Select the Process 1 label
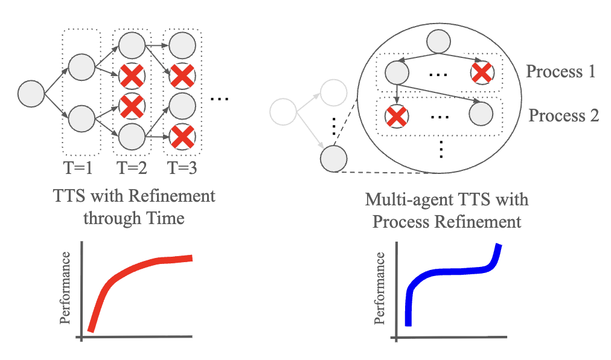click(x=561, y=72)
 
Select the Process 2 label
click(x=563, y=115)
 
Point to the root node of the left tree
click(x=31, y=94)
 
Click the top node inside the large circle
click(x=439, y=42)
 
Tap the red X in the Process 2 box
click(x=396, y=115)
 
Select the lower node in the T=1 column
click(x=82, y=118)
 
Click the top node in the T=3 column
click(x=182, y=45)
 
